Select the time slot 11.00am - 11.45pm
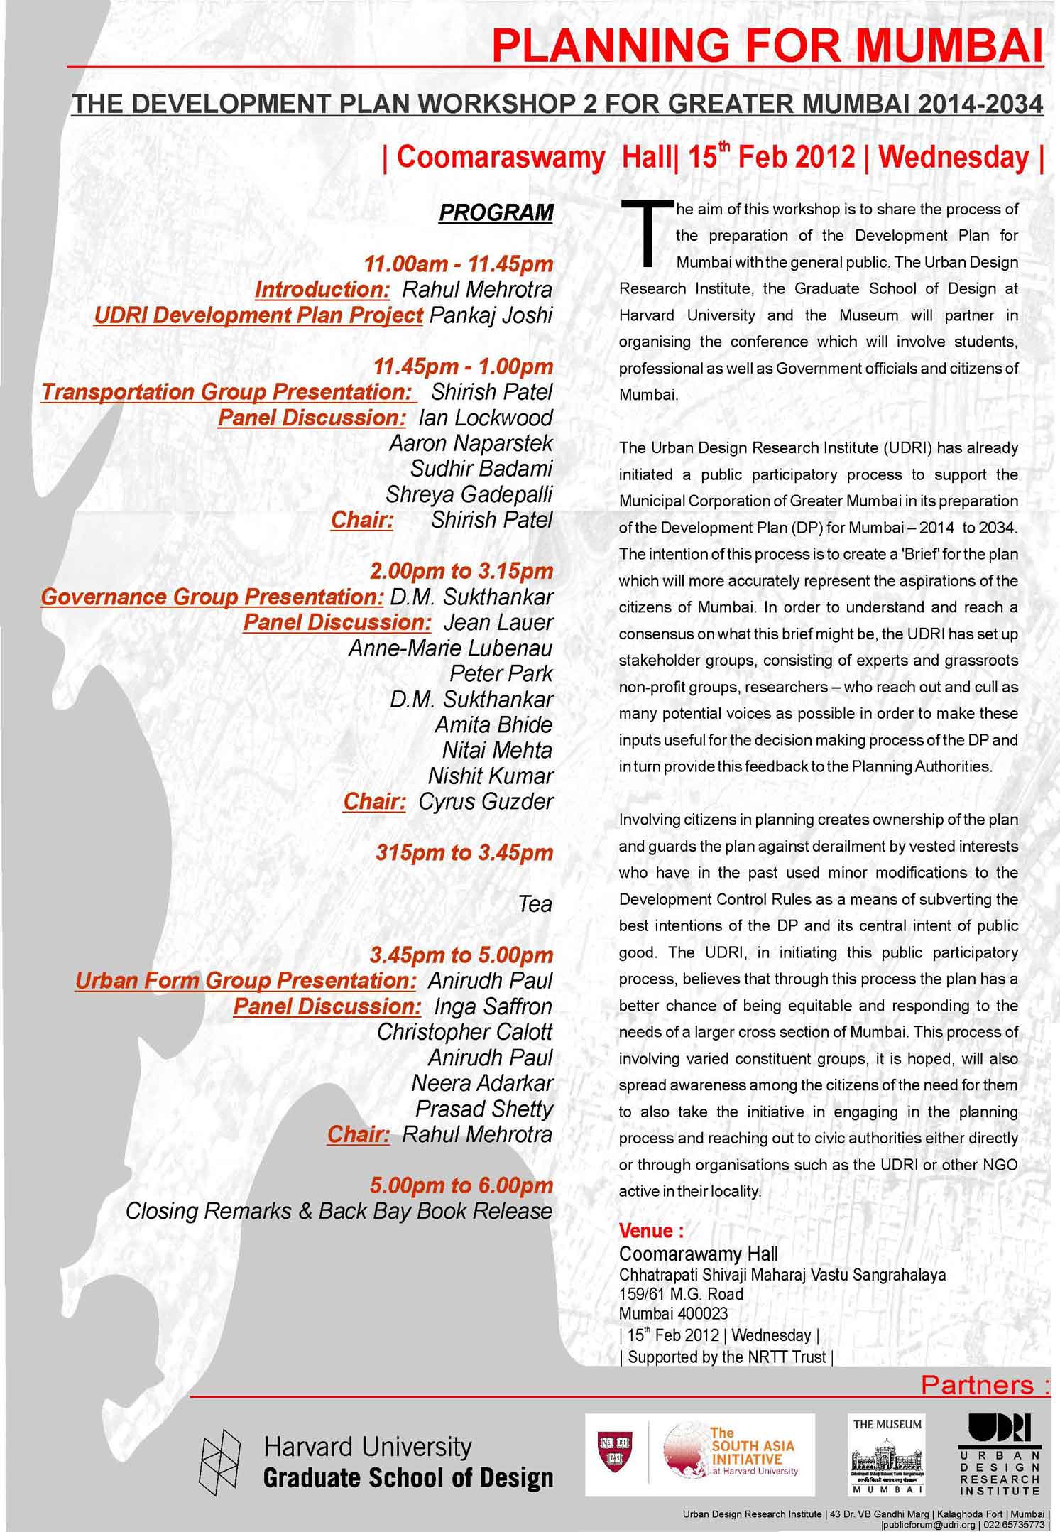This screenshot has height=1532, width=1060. tap(458, 264)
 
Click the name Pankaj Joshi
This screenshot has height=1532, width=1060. tap(491, 315)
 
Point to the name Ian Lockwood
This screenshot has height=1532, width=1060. tap(486, 418)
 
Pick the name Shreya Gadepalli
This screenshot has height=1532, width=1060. tap(469, 494)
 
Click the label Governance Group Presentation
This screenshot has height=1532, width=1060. tap(212, 597)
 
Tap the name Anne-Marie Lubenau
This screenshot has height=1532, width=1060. tap(450, 648)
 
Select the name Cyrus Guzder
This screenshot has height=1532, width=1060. tap(486, 801)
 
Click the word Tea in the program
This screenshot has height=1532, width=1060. tap(535, 903)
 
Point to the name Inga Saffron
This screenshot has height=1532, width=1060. tap(493, 1006)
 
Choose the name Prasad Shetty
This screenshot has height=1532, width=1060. tap(483, 1109)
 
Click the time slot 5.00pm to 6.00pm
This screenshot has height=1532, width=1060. tap(461, 1185)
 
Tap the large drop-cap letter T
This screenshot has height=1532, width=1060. tap(645, 234)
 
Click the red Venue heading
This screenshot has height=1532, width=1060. tap(651, 1230)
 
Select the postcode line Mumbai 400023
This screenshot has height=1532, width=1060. tap(673, 1313)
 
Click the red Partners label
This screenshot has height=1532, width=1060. tap(984, 1385)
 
